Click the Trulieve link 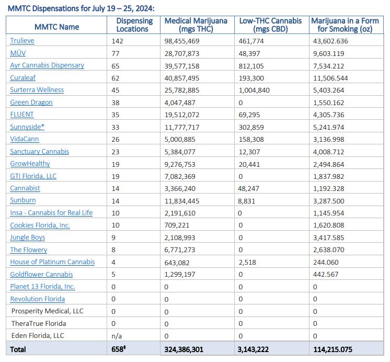click(x=22, y=41)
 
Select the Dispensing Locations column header click(x=134, y=25)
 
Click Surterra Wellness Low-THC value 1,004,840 click(x=255, y=90)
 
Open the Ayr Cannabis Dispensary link click(x=47, y=65)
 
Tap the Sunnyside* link click(x=28, y=127)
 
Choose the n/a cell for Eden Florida click(x=117, y=336)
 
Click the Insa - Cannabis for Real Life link click(x=51, y=213)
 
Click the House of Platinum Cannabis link click(x=52, y=262)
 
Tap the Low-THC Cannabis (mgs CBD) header click(x=270, y=25)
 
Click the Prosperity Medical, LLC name click(x=47, y=311)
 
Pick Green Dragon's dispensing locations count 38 click(x=116, y=103)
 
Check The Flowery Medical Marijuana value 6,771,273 click(x=180, y=250)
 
